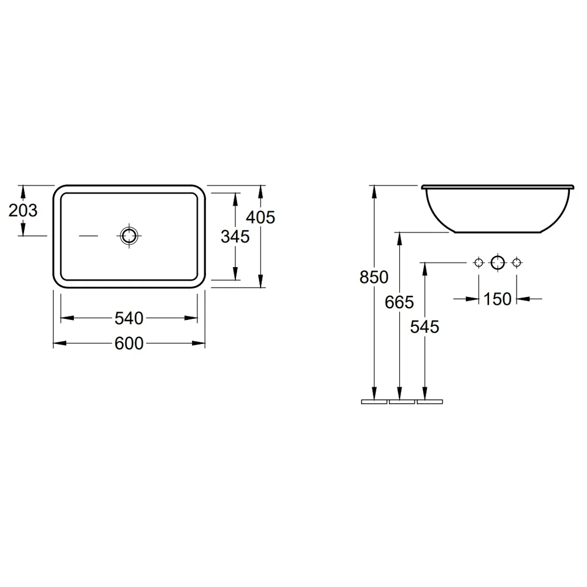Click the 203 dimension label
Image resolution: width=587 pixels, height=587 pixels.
[x=23, y=210]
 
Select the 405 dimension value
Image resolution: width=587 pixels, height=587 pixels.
[x=261, y=217]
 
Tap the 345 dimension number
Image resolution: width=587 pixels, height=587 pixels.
[x=235, y=237]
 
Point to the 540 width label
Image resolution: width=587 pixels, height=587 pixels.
[x=129, y=318]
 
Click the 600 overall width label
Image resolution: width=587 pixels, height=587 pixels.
[x=129, y=343]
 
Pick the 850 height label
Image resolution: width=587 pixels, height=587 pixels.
[x=373, y=277]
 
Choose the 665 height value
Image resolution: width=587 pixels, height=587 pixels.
[x=399, y=302]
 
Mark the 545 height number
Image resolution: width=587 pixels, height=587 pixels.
[x=424, y=327]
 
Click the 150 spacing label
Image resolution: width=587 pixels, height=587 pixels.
[x=498, y=299]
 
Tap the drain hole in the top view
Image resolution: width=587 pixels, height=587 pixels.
[x=129, y=236]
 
